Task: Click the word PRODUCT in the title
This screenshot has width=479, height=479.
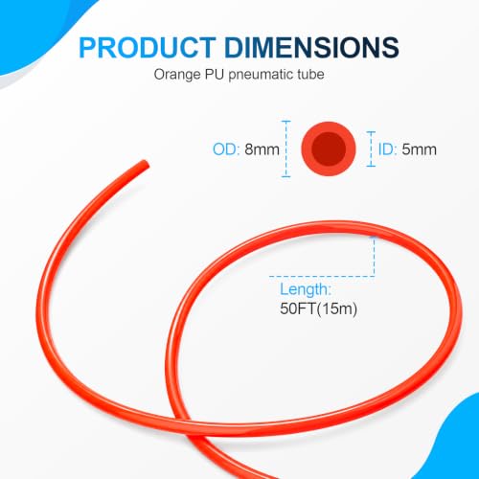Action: (x=148, y=48)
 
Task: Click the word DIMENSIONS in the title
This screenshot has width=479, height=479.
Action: (x=311, y=48)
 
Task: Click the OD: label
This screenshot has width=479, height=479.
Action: (x=226, y=149)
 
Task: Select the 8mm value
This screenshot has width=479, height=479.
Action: (x=262, y=149)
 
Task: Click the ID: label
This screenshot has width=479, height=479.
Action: (x=387, y=149)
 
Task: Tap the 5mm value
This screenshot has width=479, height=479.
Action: (x=419, y=149)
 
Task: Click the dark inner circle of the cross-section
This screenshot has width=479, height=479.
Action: (x=329, y=148)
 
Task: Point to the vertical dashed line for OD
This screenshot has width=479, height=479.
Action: (x=286, y=148)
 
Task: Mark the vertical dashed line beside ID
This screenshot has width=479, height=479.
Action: (x=371, y=148)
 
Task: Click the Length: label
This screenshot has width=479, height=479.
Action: (x=306, y=289)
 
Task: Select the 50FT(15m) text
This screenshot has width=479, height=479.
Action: (x=318, y=308)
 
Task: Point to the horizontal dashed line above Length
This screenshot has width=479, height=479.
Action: (x=322, y=276)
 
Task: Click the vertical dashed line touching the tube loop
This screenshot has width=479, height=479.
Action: (x=374, y=256)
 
